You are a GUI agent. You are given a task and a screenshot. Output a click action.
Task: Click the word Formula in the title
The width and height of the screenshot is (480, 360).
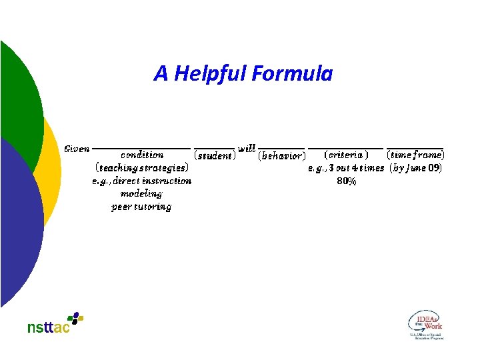point(292,73)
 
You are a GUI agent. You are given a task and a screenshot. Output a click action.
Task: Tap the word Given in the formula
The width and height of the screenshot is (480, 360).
point(77,148)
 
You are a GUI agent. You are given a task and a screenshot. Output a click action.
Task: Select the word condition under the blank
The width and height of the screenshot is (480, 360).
point(141,155)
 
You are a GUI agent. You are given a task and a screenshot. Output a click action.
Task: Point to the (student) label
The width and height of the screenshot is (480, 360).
point(214,156)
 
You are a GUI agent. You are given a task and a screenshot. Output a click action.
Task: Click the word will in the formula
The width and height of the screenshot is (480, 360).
point(247,148)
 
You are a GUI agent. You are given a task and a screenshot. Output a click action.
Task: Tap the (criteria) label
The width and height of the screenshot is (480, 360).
point(345,155)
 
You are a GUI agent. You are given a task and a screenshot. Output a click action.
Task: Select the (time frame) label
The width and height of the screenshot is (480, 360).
point(415,155)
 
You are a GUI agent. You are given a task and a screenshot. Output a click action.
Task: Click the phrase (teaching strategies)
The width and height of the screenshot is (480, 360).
point(141,168)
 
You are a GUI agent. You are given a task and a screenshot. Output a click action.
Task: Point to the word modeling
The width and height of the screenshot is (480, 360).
point(141,193)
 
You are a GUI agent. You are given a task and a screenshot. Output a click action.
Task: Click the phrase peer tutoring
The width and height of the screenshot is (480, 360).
point(141,207)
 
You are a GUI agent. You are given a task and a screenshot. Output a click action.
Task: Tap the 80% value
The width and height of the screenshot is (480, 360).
point(346,181)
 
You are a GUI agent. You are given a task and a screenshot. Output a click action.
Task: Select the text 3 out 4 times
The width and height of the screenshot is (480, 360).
point(356,168)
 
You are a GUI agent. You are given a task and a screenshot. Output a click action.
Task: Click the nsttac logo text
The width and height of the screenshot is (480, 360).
point(48,327)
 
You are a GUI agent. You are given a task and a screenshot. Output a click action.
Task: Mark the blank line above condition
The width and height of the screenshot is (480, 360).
point(141,148)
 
